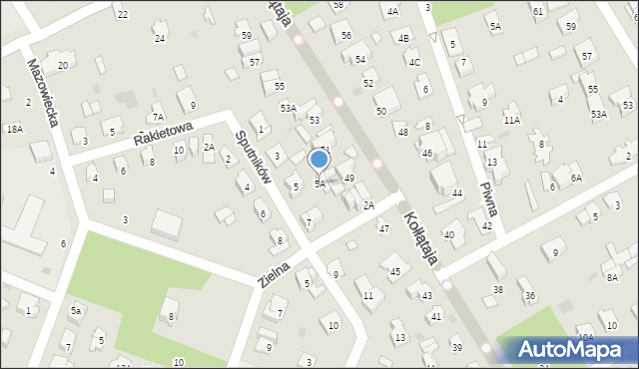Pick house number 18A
pos(14,130)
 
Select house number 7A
pos(158,117)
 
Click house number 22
pos(122,15)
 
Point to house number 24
pos(160,39)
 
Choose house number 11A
pos(512,120)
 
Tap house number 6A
pos(576,178)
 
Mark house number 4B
pos(403,38)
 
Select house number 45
pos(395,271)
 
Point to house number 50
pos(380,111)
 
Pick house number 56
pos(346,36)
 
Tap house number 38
pos(498,290)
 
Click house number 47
pos(383,229)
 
